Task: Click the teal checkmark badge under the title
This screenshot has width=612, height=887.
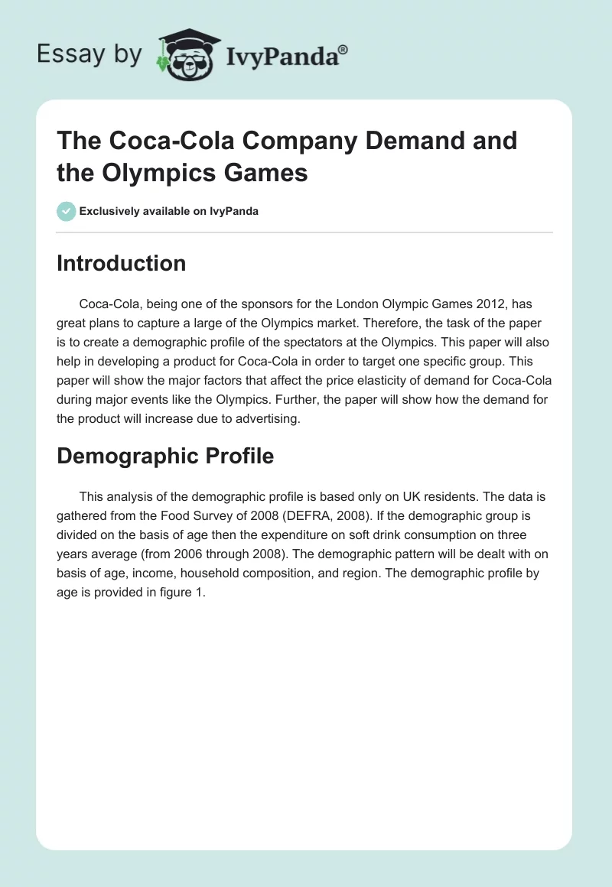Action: click(67, 211)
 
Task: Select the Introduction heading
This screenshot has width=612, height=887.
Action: click(121, 263)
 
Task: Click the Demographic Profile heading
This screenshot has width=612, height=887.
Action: click(165, 456)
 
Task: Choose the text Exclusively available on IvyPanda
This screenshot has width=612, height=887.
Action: click(168, 211)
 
